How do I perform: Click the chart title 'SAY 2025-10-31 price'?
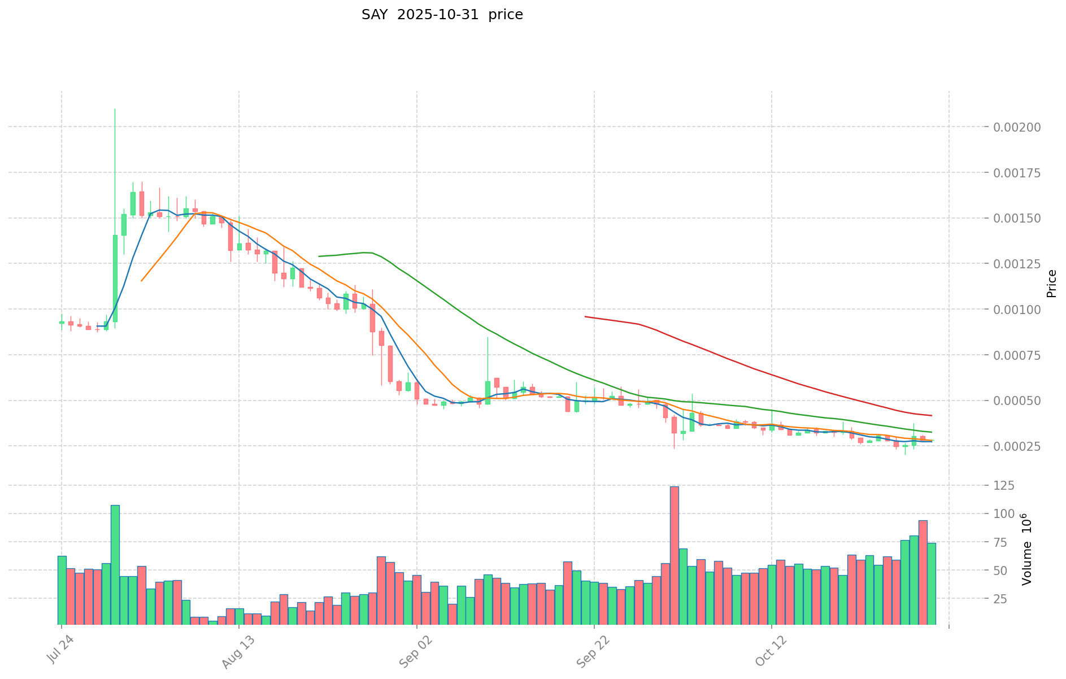click(x=442, y=15)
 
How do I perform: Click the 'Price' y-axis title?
click(x=1051, y=284)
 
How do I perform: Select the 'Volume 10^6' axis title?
click(x=1028, y=549)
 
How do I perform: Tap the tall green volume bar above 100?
click(x=115, y=565)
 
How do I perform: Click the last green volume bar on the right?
click(x=931, y=584)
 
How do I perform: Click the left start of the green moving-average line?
click(x=319, y=256)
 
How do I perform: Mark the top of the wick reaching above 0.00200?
click(x=115, y=110)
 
